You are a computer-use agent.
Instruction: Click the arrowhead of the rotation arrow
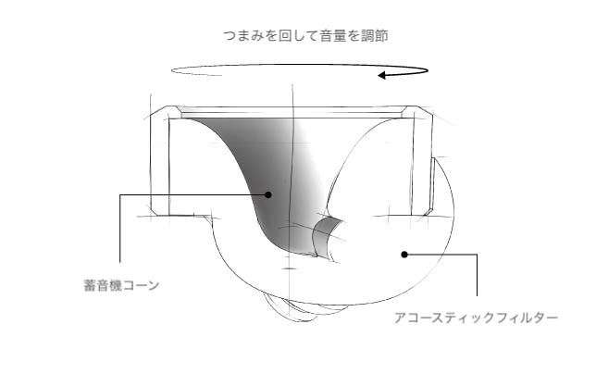point(381,75)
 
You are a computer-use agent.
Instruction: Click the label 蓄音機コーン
point(121,285)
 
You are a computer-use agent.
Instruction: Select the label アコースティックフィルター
point(476,318)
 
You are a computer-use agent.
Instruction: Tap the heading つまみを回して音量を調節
point(306,36)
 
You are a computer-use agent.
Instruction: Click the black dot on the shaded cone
point(268,194)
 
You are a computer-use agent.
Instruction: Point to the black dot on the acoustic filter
point(404,255)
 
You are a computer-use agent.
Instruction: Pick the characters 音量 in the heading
point(333,36)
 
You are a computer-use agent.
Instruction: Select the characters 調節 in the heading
point(375,36)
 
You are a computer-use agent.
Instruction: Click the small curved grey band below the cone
point(323,235)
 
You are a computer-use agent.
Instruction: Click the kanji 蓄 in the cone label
point(90,285)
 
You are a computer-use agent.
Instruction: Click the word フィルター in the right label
point(528,318)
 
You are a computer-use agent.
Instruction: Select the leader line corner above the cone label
point(120,195)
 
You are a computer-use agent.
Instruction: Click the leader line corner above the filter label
point(477,255)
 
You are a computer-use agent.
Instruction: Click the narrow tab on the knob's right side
point(432,185)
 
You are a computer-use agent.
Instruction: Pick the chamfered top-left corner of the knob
point(159,111)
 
